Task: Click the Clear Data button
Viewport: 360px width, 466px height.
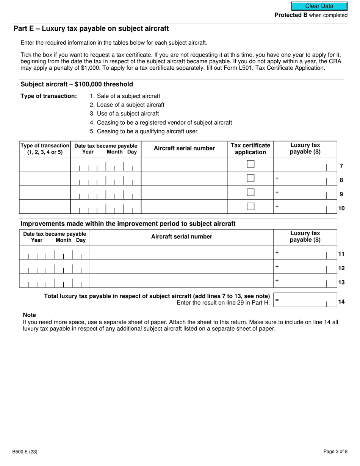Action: tap(319, 6)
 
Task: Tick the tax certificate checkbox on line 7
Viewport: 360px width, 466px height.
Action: tap(250, 164)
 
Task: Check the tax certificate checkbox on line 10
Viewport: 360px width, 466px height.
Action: tap(250, 206)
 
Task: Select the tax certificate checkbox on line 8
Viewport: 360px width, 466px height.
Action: tap(250, 178)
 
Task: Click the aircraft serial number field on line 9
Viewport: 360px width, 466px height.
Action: tap(184, 192)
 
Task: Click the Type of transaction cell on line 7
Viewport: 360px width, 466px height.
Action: tap(45, 164)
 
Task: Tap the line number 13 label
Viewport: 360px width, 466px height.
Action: tap(341, 282)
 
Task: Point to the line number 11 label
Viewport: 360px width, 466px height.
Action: tap(341, 254)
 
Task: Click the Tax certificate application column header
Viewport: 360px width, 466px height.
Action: tap(250, 149)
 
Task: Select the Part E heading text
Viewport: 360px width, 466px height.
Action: tap(91, 29)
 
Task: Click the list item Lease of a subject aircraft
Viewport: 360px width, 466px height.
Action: tap(130, 105)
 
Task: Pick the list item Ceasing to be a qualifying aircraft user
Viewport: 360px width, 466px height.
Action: tap(147, 131)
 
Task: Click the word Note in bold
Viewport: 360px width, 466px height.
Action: tap(29, 315)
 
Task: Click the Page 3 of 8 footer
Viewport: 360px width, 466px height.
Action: tap(335, 452)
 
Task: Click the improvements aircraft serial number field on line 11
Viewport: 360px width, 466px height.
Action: tap(182, 252)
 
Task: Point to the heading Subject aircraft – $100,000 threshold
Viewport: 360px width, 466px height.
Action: tap(77, 84)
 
